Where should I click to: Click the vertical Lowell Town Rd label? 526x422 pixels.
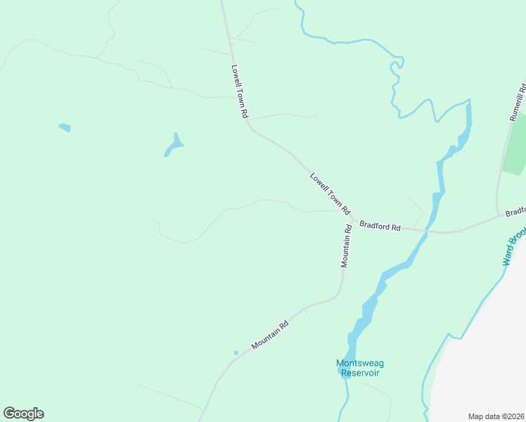point(240,91)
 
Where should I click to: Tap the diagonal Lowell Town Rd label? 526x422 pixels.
point(330,193)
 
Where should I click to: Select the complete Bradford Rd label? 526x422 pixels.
point(380,226)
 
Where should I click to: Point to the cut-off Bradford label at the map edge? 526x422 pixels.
point(515,211)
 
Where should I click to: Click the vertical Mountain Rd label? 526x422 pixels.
point(346,245)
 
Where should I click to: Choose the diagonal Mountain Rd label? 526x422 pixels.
point(271,336)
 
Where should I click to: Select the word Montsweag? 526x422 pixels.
point(359,364)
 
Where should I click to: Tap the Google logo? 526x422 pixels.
point(23,414)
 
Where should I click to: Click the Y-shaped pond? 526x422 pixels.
point(174,146)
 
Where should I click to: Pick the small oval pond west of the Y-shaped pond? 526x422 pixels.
point(65,128)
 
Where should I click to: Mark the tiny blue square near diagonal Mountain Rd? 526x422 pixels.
point(236,352)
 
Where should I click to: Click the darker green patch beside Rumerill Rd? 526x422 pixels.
point(516,151)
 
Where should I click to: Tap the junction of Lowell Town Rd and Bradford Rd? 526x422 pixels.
point(352,219)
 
